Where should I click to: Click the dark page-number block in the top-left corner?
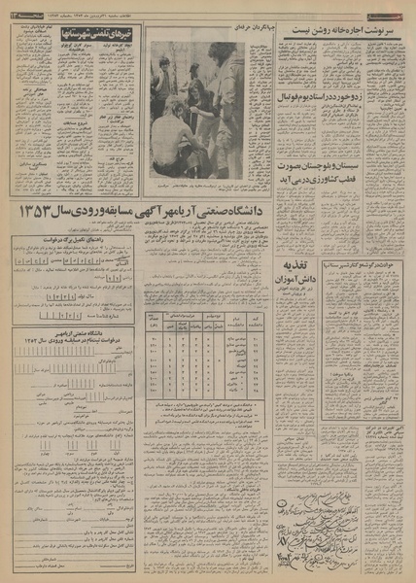click(x=16, y=8)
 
